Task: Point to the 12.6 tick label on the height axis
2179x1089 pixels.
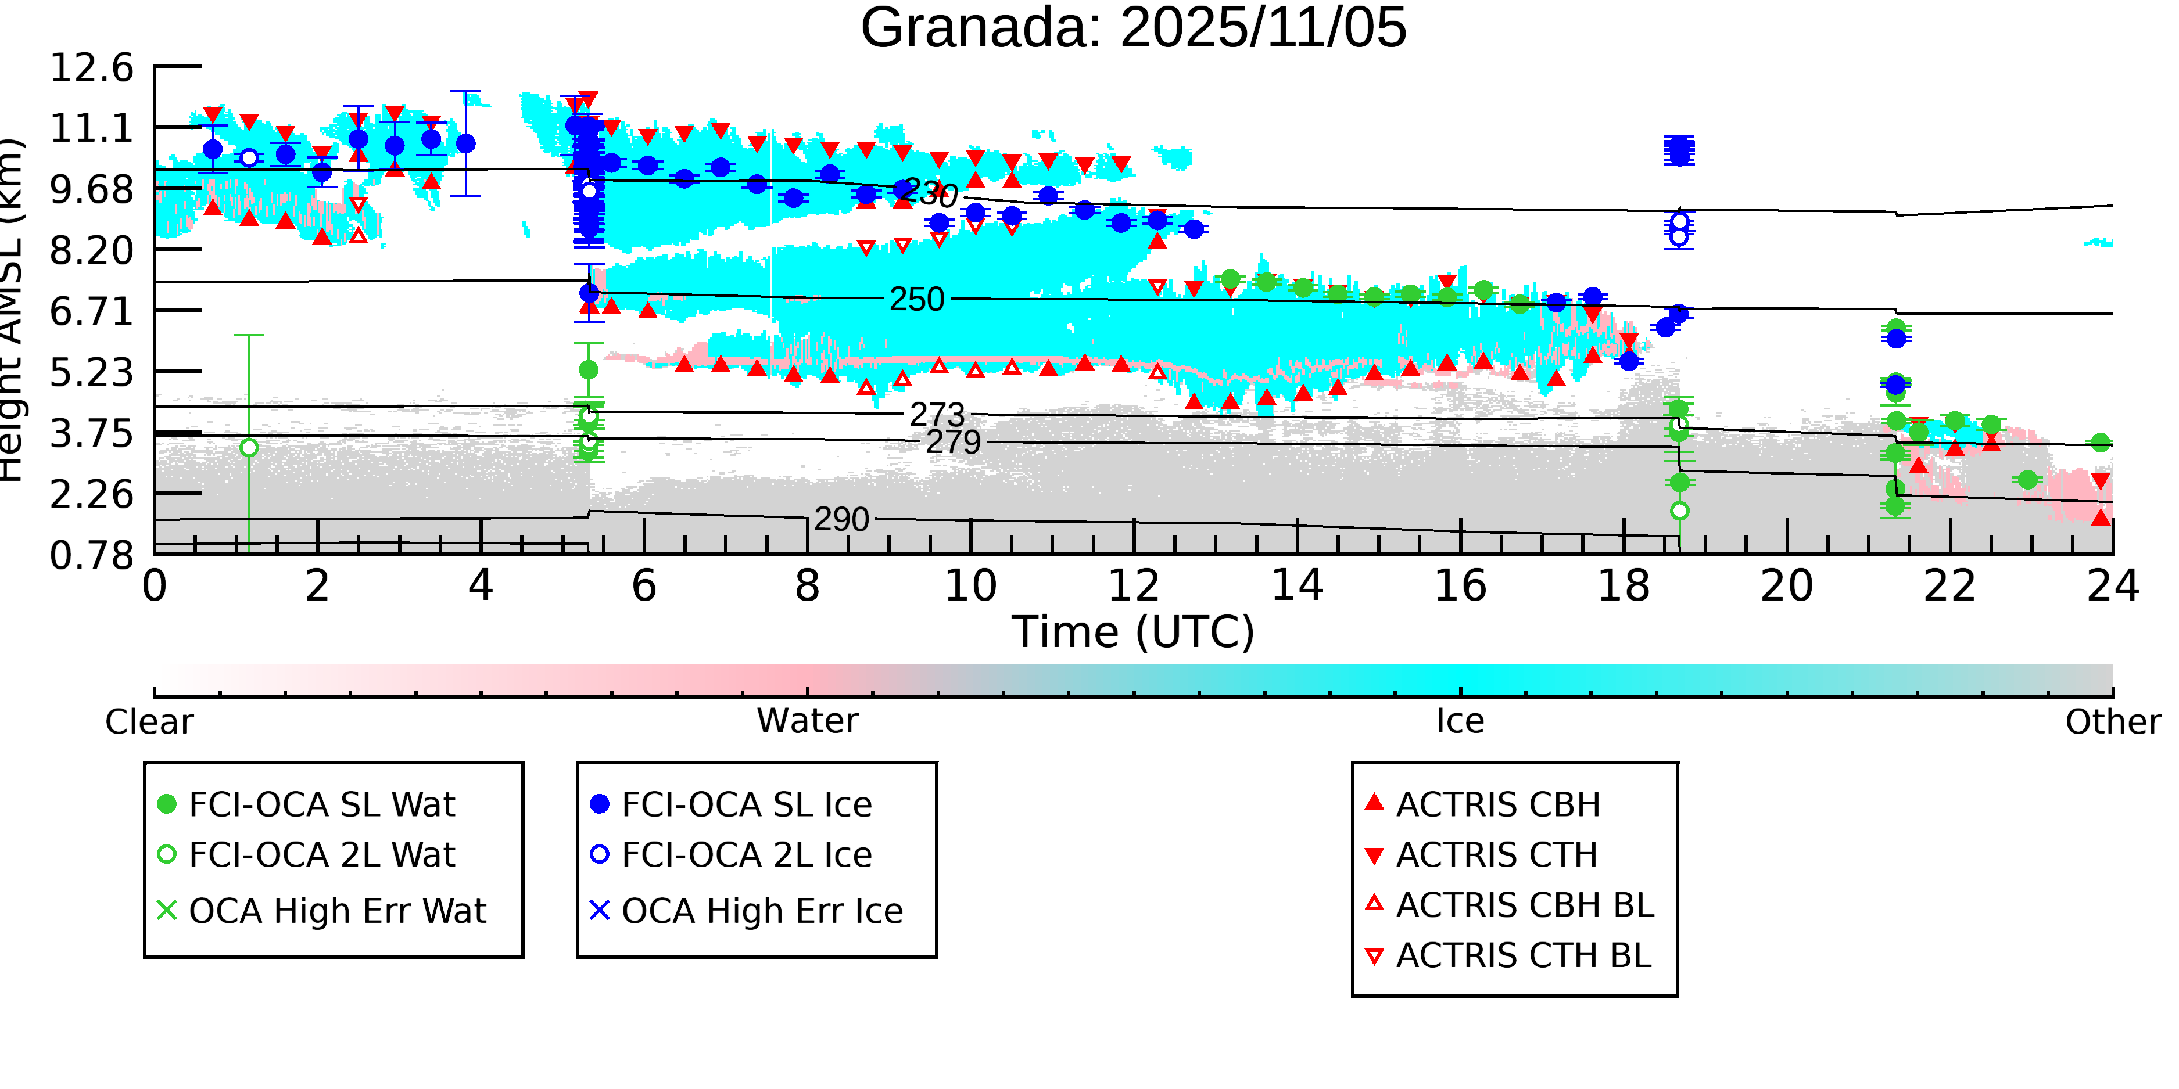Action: [91, 67]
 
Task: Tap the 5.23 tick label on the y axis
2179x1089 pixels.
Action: [91, 372]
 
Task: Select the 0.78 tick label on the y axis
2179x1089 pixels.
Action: [91, 555]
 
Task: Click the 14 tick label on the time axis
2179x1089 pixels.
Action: [1297, 586]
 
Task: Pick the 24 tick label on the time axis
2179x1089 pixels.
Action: [2112, 586]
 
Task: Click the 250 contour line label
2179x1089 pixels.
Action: [916, 299]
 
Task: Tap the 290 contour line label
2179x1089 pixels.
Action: [841, 519]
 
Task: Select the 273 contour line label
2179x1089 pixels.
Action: [937, 414]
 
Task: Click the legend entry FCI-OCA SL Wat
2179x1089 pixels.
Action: [321, 804]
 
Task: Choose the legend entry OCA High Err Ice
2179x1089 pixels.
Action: [761, 911]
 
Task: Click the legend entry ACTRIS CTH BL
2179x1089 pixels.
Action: [1522, 955]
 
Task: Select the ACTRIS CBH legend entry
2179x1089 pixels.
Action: [1497, 804]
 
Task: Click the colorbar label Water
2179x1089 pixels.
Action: [807, 721]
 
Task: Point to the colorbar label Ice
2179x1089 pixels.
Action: [1460, 721]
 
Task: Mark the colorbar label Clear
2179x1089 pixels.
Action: [149, 722]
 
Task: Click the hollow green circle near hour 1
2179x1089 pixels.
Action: [249, 447]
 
